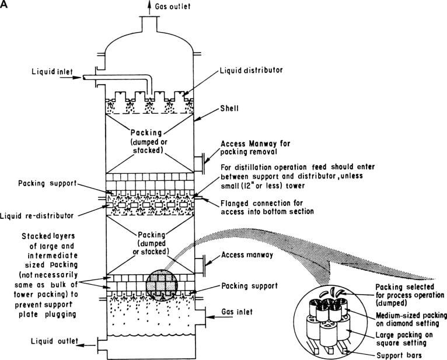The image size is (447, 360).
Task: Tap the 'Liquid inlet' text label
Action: (52, 74)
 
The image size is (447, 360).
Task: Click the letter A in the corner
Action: (6, 5)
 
